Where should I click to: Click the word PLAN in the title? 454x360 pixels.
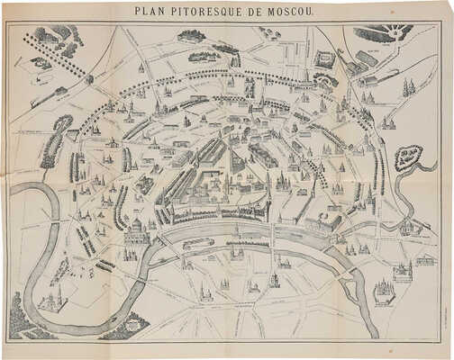[x=149, y=12]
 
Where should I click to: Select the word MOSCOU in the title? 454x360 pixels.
[x=291, y=12]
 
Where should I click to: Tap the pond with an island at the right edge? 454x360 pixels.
[x=408, y=158]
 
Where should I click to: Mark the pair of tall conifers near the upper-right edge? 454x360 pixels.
[x=408, y=87]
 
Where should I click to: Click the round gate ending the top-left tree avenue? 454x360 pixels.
[x=89, y=79]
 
